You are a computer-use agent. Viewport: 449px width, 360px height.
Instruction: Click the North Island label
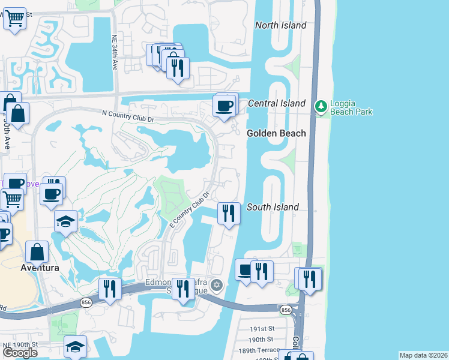click(x=280, y=25)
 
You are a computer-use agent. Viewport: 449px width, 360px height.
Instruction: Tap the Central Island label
click(x=277, y=104)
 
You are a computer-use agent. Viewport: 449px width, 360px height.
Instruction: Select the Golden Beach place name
click(x=277, y=133)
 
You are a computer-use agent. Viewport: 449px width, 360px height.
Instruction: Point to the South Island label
click(x=273, y=207)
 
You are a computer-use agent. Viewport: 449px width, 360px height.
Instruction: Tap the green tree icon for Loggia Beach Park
click(x=321, y=107)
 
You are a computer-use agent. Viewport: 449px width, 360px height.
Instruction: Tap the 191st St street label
click(x=262, y=329)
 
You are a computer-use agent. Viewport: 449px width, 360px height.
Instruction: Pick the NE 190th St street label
click(x=20, y=344)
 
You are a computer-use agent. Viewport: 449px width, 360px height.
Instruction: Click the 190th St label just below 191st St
click(x=262, y=340)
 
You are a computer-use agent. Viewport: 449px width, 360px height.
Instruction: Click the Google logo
click(x=20, y=353)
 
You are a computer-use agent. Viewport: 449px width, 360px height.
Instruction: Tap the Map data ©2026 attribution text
click(x=423, y=355)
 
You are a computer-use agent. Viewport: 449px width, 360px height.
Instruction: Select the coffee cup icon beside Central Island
click(x=225, y=106)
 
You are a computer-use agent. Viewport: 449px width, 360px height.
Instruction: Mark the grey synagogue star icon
click(x=217, y=284)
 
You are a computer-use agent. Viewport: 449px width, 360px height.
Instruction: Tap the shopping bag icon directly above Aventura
click(x=37, y=252)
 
